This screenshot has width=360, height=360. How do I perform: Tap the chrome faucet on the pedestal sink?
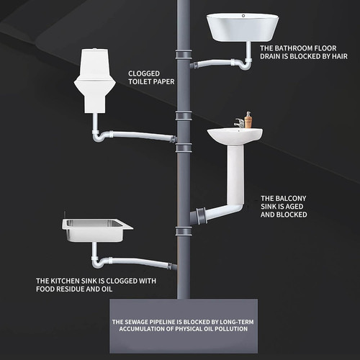click(240, 123)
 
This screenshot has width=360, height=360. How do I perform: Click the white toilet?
click(95, 81)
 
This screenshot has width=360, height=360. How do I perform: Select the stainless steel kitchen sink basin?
click(97, 230)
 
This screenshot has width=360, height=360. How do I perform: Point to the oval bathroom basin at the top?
click(243, 27)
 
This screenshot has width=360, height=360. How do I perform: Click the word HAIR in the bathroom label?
click(340, 56)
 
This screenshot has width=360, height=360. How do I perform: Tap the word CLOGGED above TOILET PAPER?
click(144, 73)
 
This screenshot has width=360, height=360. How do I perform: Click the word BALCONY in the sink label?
click(291, 199)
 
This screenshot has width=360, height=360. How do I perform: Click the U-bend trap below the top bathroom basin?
click(244, 64)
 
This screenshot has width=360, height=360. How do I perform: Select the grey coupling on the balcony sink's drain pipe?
click(201, 215)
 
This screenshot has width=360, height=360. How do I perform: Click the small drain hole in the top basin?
click(243, 16)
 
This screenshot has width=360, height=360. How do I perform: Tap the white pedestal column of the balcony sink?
click(235, 175)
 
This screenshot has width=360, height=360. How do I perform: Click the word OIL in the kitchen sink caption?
click(107, 289)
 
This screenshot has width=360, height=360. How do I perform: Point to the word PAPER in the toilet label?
click(165, 81)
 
